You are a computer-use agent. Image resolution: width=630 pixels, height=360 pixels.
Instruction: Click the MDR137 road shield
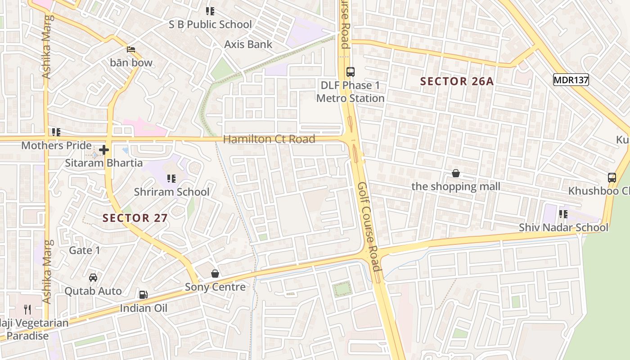[571, 80]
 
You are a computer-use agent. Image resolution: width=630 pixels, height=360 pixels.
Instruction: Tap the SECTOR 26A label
[457, 81]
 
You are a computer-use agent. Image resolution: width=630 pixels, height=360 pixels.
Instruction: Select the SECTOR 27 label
[135, 218]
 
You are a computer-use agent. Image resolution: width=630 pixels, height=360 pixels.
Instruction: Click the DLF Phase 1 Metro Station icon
[351, 72]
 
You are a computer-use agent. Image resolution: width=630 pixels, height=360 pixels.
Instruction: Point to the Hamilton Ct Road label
[269, 139]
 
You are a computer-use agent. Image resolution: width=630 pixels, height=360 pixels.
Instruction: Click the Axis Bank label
[248, 44]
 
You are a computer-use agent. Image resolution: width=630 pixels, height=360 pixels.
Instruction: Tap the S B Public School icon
[210, 11]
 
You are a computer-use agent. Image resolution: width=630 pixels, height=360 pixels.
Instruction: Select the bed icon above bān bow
[131, 49]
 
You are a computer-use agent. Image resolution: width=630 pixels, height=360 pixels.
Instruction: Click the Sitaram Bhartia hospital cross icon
[104, 150]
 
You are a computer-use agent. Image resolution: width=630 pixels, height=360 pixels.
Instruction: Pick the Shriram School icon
[171, 179]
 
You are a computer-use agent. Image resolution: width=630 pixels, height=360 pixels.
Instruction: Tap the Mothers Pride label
[56, 145]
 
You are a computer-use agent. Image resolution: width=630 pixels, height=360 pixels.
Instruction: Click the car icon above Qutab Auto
[93, 278]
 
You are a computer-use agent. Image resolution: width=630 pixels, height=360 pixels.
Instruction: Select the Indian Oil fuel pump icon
[143, 295]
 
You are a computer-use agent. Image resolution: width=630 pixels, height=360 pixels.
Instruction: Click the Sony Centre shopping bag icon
[215, 274]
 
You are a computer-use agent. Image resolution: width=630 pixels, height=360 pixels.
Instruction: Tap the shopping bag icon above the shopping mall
[456, 173]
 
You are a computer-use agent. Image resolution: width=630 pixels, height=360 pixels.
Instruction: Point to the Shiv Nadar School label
[563, 227]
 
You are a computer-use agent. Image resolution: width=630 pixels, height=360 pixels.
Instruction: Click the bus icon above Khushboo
[612, 177]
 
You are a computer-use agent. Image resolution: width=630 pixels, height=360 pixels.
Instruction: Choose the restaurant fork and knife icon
[27, 309]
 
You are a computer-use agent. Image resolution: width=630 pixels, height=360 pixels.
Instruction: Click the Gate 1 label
[85, 250]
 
